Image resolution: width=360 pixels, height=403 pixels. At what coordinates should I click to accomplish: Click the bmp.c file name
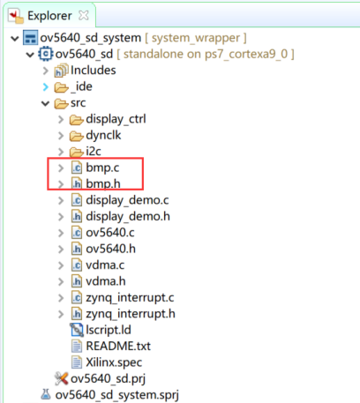[102, 168]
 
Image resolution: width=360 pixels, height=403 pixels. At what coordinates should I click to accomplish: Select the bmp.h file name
[103, 183]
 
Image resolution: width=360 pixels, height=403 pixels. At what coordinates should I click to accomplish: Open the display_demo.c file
[127, 200]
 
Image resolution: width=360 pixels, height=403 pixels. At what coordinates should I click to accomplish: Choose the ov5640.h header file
[110, 249]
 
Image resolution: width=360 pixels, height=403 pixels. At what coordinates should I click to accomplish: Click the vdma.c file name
[105, 265]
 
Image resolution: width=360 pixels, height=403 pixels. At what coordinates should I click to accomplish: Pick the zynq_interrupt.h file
[131, 314]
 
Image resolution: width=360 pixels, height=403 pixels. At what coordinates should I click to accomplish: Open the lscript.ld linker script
[109, 330]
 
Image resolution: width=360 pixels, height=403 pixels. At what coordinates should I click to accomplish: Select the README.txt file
[118, 347]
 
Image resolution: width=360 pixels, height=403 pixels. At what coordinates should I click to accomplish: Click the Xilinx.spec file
[114, 362]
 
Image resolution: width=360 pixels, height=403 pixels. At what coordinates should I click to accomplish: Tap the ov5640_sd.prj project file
[108, 378]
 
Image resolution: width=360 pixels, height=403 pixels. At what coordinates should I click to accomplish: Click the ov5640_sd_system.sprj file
[116, 395]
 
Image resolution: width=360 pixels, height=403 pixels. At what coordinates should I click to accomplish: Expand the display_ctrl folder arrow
[61, 119]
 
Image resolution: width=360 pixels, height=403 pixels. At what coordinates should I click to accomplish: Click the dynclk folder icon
[77, 136]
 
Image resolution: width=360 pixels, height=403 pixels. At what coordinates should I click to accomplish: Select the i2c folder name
[94, 152]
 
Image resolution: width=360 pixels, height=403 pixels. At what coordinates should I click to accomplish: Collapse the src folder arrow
[45, 103]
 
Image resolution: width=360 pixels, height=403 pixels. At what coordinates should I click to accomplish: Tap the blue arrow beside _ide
[46, 87]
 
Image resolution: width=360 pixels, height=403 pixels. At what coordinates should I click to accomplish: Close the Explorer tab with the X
[84, 15]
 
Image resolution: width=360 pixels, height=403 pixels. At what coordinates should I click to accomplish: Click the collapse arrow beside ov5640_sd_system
[15, 38]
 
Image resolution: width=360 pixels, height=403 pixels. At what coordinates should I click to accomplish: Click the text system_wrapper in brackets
[196, 38]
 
